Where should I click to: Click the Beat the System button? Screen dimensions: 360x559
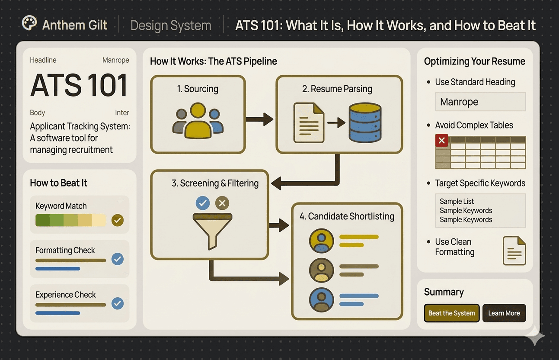(452, 313)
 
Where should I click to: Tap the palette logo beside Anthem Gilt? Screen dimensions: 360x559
(29, 24)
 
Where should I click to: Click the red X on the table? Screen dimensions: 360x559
(441, 140)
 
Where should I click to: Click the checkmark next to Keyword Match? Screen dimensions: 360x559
(118, 220)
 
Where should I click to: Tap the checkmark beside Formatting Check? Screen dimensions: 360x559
(118, 259)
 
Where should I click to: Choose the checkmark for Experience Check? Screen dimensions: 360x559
(118, 303)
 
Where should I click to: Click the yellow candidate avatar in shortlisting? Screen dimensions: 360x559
(322, 241)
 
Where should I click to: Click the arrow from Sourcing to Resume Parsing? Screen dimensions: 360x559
(260, 119)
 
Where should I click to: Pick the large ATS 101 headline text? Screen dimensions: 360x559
(79, 85)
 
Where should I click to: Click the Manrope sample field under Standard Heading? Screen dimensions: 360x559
(480, 102)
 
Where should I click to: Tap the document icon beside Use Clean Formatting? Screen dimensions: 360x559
(514, 251)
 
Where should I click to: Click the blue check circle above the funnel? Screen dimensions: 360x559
(203, 203)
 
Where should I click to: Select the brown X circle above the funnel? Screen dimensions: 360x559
(222, 203)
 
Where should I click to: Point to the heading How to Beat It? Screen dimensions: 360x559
(59, 183)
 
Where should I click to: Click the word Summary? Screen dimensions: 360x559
(444, 292)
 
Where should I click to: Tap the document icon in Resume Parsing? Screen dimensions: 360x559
(309, 122)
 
